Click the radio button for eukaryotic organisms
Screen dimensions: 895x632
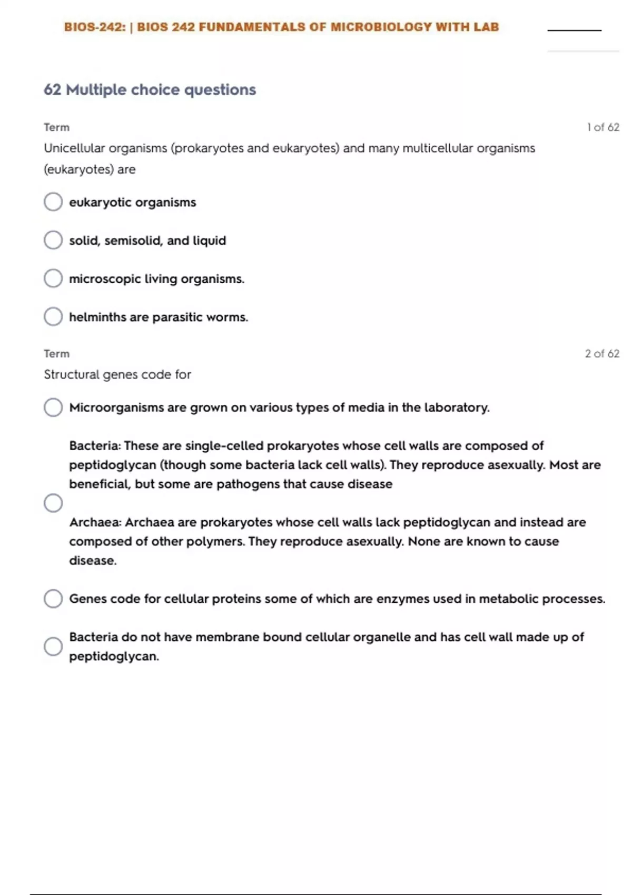pos(53,202)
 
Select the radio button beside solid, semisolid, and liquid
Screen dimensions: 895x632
pos(53,240)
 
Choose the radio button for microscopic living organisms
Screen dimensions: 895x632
pos(53,279)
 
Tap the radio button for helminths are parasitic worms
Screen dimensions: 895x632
pos(53,316)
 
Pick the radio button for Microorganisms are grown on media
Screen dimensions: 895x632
pos(53,407)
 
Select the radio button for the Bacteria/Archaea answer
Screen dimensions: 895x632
pos(53,503)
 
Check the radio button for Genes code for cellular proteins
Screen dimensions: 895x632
pos(53,599)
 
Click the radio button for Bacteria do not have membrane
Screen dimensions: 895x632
pos(53,646)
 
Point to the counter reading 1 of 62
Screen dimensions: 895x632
pos(603,127)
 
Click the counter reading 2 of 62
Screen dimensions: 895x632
pos(602,354)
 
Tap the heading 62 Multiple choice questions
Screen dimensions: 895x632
pos(150,89)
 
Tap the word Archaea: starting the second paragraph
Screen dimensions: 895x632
pos(95,522)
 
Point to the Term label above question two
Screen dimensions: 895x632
pos(56,354)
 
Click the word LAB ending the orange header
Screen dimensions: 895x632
pos(486,27)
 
